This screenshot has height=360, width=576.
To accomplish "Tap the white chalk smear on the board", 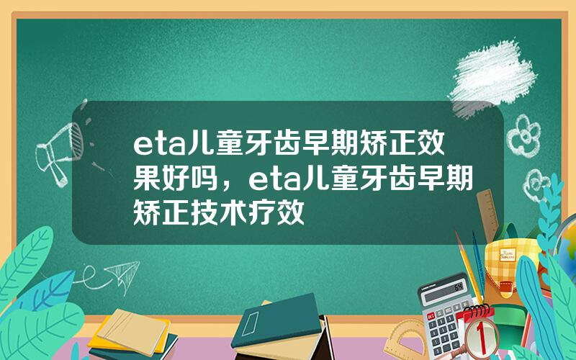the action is [492, 78].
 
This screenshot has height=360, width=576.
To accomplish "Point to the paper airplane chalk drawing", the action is [124, 275].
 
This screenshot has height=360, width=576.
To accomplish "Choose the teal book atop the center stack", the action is [276, 320].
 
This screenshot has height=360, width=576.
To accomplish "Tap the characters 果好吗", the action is [176, 180].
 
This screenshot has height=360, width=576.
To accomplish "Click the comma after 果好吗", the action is [228, 186].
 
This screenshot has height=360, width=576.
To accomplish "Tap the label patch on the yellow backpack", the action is [508, 255].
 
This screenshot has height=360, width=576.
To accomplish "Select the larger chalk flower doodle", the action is [523, 135].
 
